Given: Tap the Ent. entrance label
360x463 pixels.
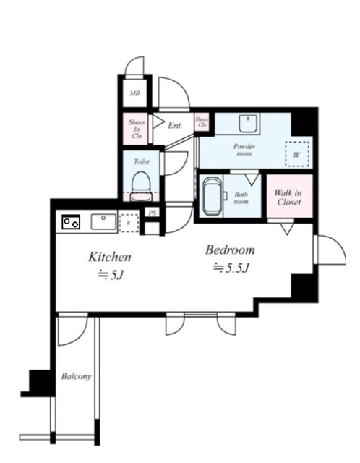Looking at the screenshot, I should click(x=175, y=125).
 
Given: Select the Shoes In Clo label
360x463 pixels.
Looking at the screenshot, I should click(x=135, y=129).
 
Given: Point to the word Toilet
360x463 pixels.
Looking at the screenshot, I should click(x=141, y=163).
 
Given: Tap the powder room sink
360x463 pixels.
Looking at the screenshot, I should click(x=249, y=122).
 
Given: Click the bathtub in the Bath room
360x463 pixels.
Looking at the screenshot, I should click(x=213, y=195).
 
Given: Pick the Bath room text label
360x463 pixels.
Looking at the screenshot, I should click(x=241, y=197).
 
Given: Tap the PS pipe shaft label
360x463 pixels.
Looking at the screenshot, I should click(x=152, y=213).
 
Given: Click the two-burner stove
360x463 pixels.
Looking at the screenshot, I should click(x=71, y=222).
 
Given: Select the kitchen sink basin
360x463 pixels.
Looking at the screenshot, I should click(x=103, y=221).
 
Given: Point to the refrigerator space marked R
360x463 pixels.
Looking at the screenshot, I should click(x=129, y=222).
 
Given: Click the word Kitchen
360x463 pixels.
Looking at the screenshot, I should click(x=109, y=256).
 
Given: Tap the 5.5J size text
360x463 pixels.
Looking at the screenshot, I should click(x=231, y=268).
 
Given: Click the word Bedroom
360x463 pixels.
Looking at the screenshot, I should click(x=231, y=250).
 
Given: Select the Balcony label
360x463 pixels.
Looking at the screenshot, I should click(x=75, y=376).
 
